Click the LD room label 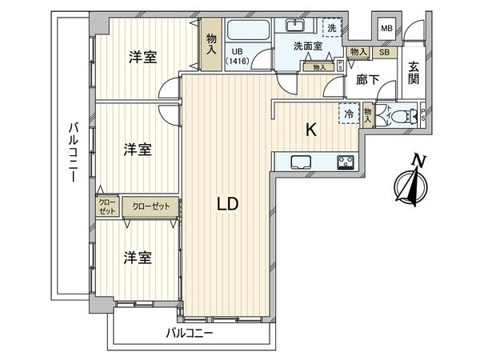click(228, 204)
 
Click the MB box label click(386, 30)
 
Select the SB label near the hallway click(384, 53)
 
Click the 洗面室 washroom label click(307, 47)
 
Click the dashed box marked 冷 click(348, 114)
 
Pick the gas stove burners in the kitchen click(346, 162)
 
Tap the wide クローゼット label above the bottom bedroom click(152, 206)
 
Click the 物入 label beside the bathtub click(211, 43)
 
